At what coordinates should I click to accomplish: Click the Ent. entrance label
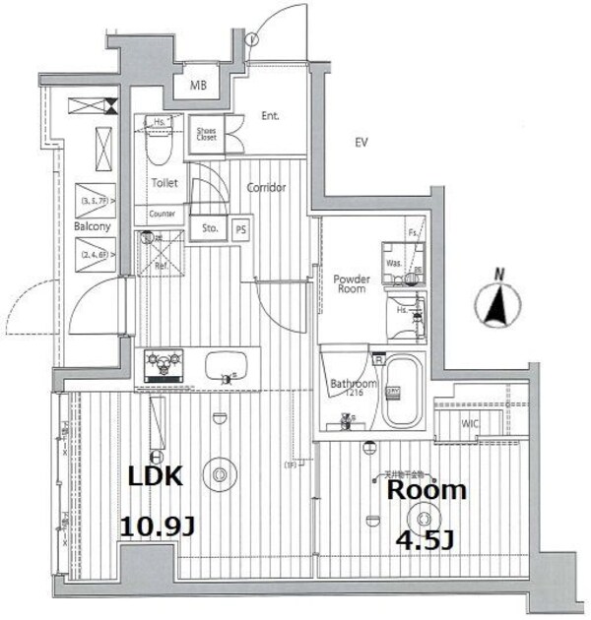pos(270,116)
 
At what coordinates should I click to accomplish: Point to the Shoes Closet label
pos(206,134)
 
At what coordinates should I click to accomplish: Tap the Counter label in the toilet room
pos(162,214)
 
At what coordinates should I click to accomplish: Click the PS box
pos(239,228)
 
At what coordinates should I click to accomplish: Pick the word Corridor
pos(266,187)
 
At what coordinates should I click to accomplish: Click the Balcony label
pos(91,226)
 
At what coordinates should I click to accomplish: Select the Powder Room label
pos(351,283)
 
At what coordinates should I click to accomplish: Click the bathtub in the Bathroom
pos(401,392)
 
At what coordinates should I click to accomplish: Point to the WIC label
pos(472,423)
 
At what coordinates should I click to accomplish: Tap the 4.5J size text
pos(425,540)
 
